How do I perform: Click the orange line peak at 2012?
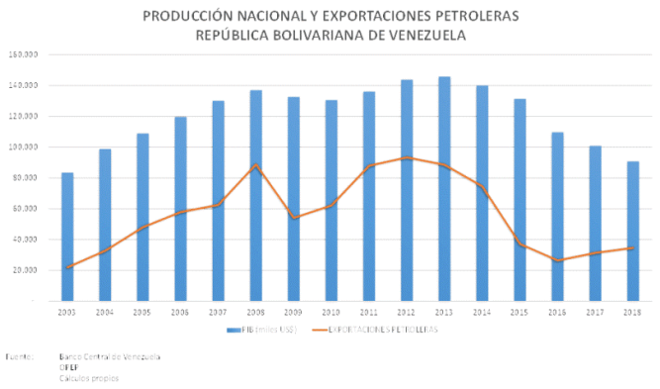point(406,157)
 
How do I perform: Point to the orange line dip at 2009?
point(293,217)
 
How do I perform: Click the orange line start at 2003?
point(67,267)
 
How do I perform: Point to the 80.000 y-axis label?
point(25,178)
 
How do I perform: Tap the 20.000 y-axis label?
point(25,270)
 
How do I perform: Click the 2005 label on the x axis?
point(142,312)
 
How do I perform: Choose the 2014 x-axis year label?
point(481,312)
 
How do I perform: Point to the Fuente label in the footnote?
point(18,356)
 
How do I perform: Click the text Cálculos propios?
point(88,378)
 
